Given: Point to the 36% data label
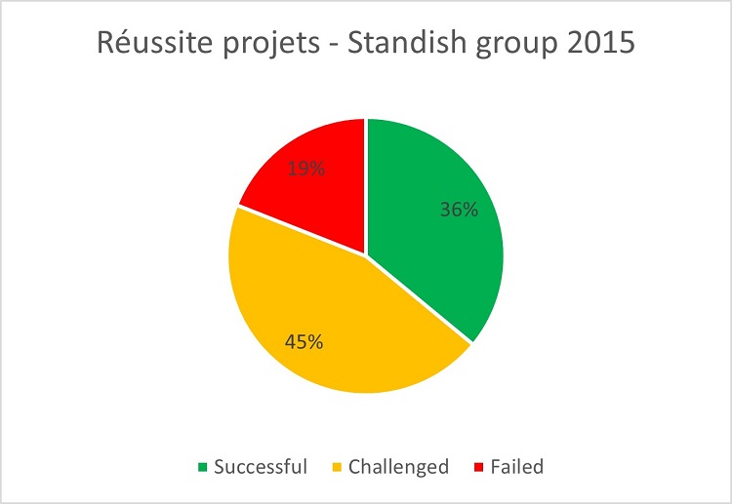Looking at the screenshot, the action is (x=459, y=210).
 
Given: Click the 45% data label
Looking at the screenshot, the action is (x=304, y=342).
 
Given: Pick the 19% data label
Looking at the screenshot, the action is (x=306, y=169).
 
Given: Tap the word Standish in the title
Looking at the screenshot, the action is (x=407, y=42).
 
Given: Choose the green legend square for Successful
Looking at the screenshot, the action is (x=203, y=467).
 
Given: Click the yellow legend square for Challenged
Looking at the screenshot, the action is (x=337, y=467).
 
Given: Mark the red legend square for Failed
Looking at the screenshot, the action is (x=478, y=467).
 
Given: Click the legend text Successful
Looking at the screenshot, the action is (x=261, y=466).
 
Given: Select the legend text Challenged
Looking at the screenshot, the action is (x=398, y=467).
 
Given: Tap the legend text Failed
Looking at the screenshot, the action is (x=517, y=466).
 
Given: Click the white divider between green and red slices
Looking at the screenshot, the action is (x=366, y=186).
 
